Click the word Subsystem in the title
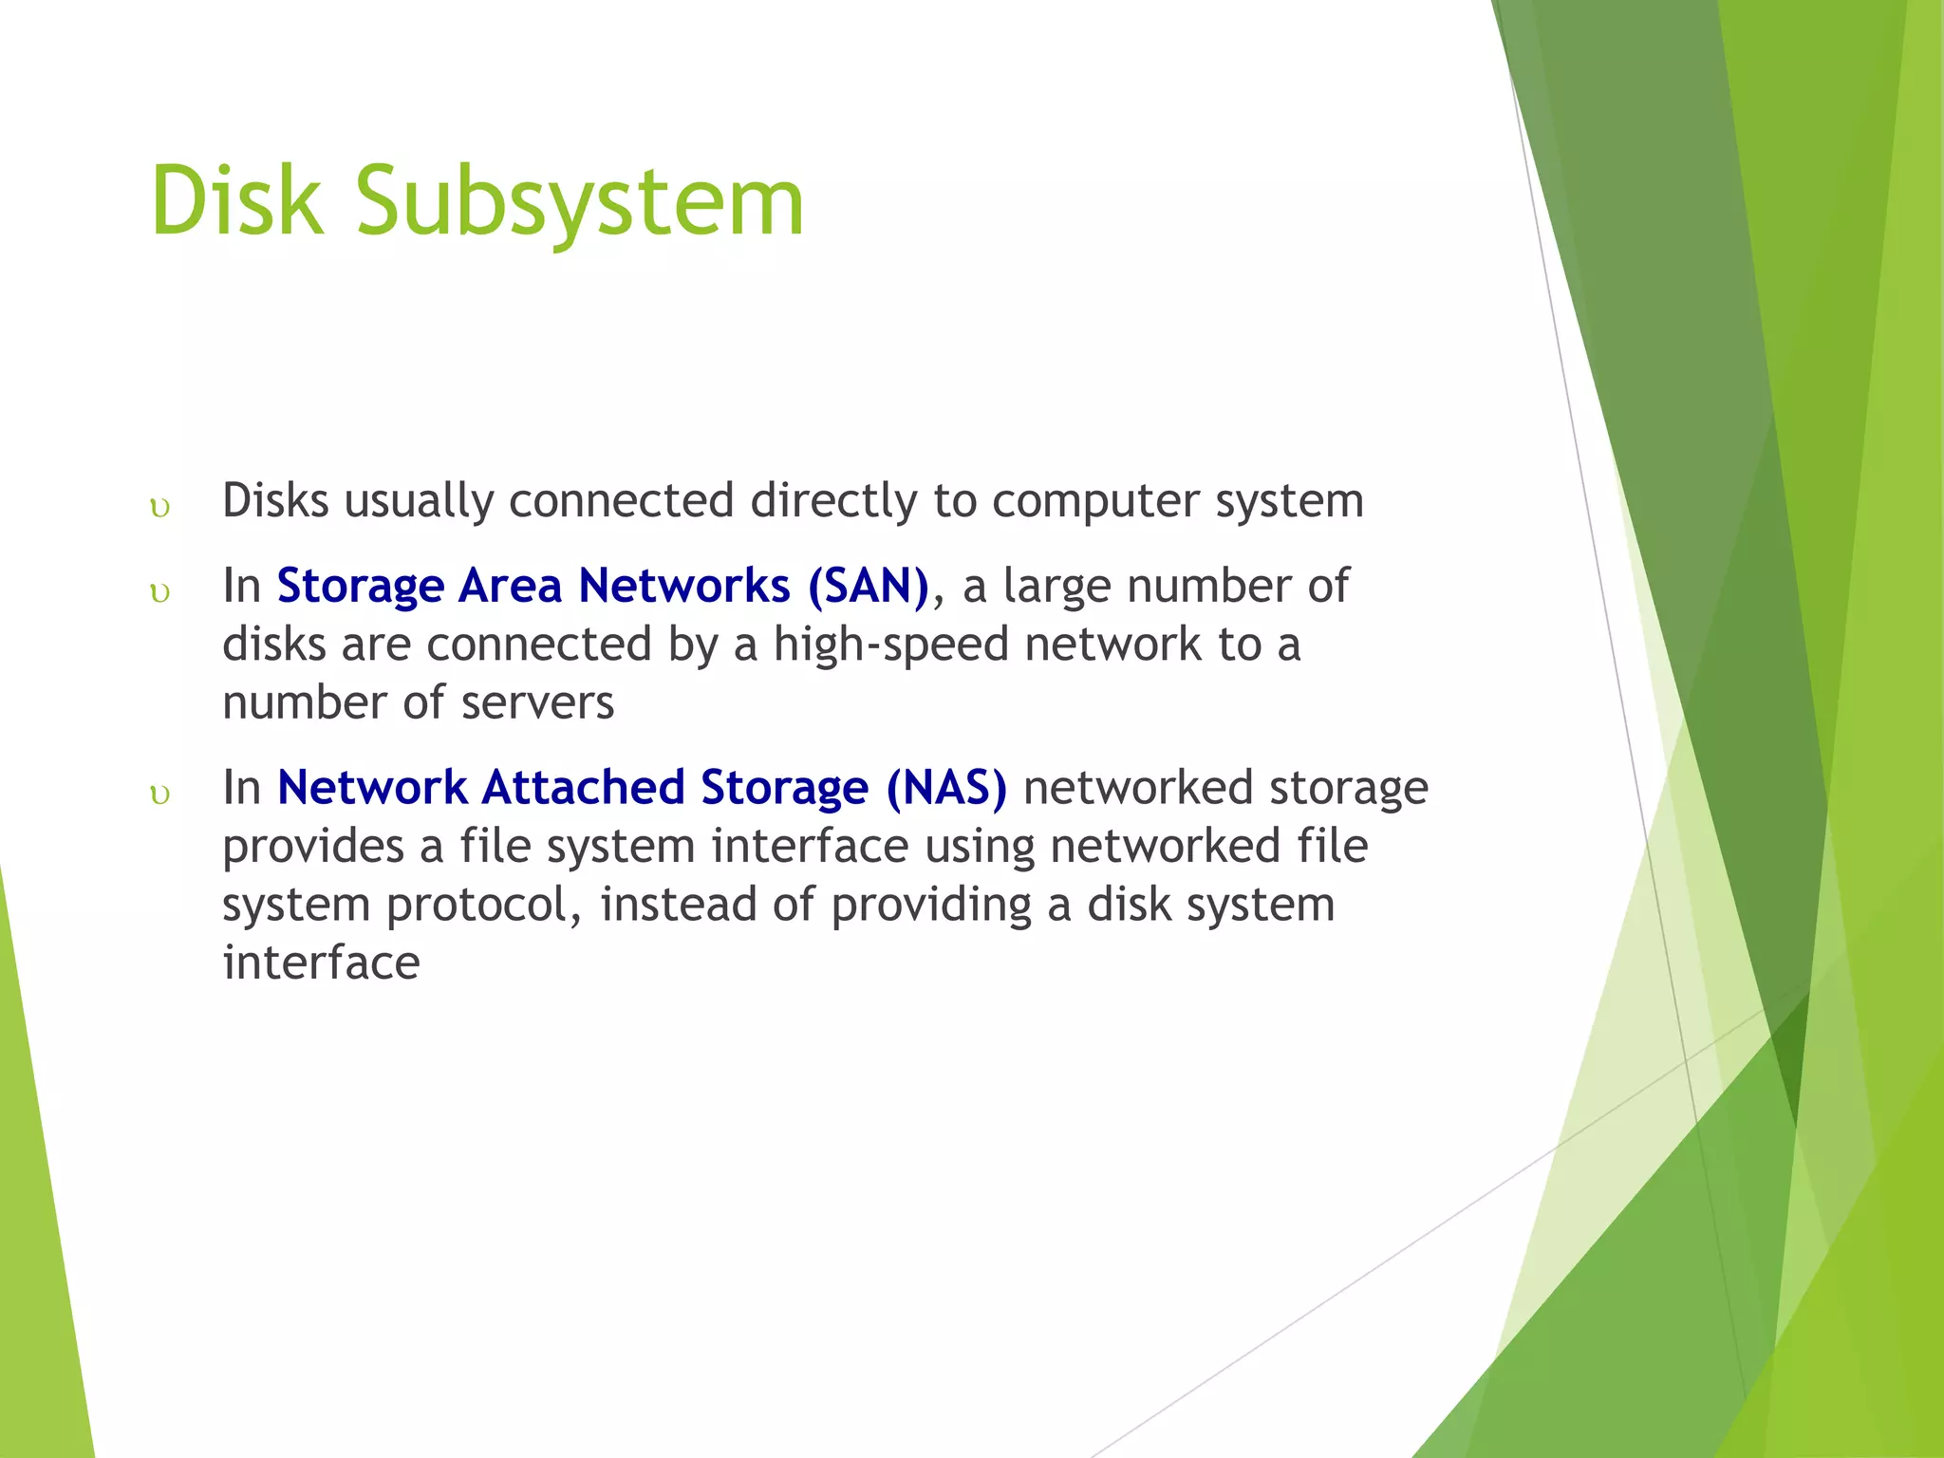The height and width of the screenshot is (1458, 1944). coord(580,202)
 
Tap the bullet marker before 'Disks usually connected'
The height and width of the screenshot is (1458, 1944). coord(160,509)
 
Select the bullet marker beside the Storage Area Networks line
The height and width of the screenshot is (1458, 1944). coord(160,593)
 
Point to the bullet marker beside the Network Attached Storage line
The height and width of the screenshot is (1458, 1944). coord(160,794)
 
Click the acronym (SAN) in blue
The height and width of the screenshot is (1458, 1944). coord(868,586)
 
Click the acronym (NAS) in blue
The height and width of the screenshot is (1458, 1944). coord(945,788)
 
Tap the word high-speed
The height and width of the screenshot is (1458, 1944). coord(890,645)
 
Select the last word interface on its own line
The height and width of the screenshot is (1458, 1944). coord(321,963)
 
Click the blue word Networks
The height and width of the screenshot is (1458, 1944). coord(684,586)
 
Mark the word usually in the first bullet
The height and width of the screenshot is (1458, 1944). coord(419,501)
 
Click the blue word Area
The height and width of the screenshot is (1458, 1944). coord(512,586)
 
